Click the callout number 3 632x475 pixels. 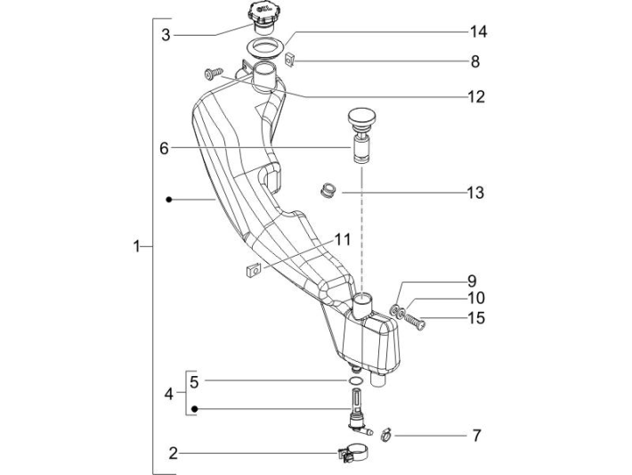click(x=166, y=36)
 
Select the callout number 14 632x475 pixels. click(x=478, y=32)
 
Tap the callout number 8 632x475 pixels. click(x=475, y=61)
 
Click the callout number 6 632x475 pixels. click(x=164, y=149)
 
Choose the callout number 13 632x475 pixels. click(x=475, y=192)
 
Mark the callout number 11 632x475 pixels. click(x=342, y=240)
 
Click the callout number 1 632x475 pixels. click(x=136, y=247)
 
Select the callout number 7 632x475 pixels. click(x=476, y=436)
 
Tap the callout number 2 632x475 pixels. click(x=174, y=453)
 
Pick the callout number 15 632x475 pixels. click(x=476, y=318)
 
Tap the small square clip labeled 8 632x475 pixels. click(x=291, y=60)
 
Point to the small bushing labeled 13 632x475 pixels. click(x=328, y=191)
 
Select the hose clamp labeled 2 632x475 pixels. click(x=352, y=455)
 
